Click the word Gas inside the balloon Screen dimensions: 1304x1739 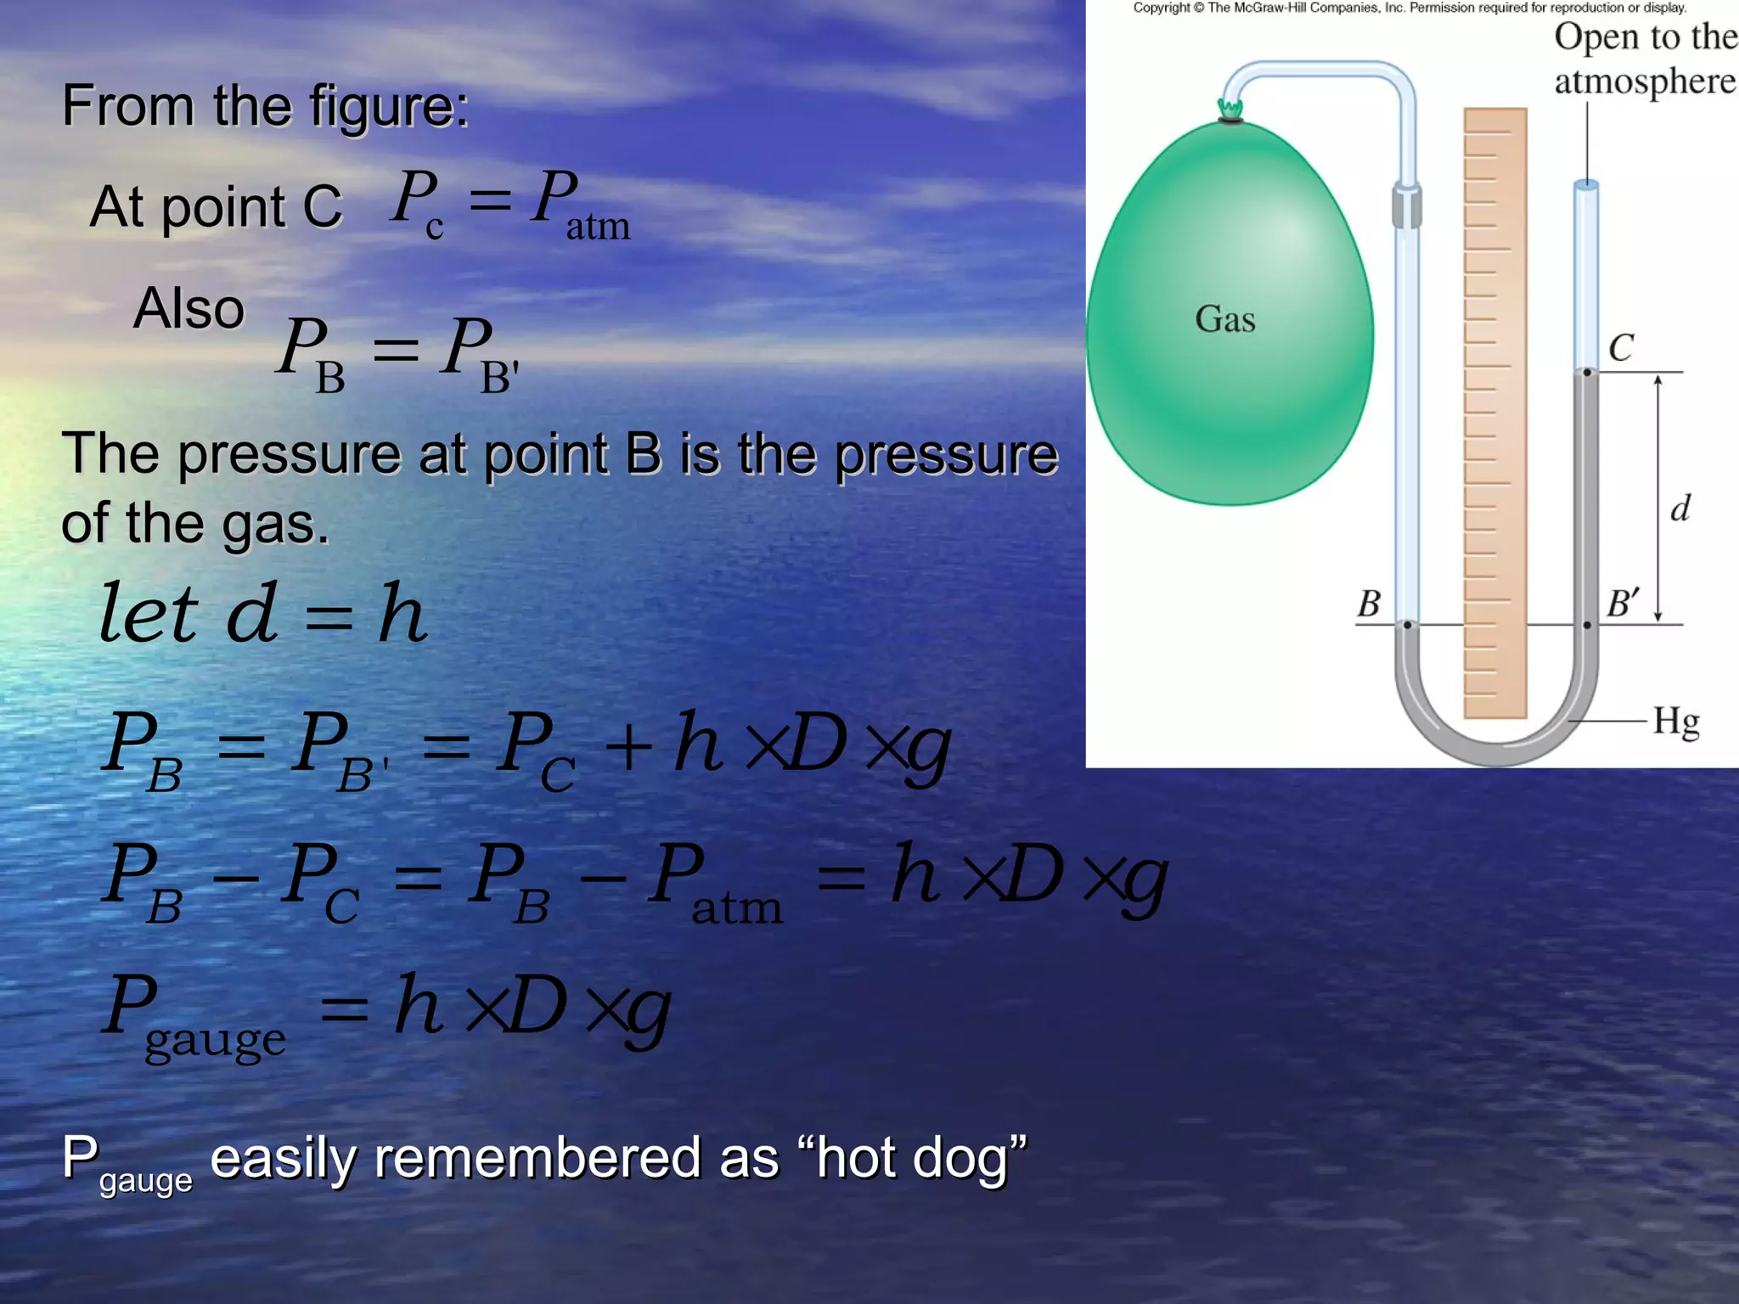coord(1224,320)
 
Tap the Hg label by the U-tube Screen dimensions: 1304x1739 coord(1675,722)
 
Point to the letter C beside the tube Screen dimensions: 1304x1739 coord(1620,348)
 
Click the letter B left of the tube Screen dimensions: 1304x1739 coord(1369,604)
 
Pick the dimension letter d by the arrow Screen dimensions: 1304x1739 coord(1680,509)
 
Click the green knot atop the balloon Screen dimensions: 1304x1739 coord(1230,109)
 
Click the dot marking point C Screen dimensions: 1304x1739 coord(1586,372)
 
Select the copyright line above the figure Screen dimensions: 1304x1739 coord(1410,8)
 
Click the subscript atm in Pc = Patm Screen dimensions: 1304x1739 coord(598,227)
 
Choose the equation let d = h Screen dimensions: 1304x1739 coord(263,613)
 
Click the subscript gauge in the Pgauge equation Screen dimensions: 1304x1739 coord(215,1040)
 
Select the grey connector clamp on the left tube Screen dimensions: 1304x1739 coord(1406,206)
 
